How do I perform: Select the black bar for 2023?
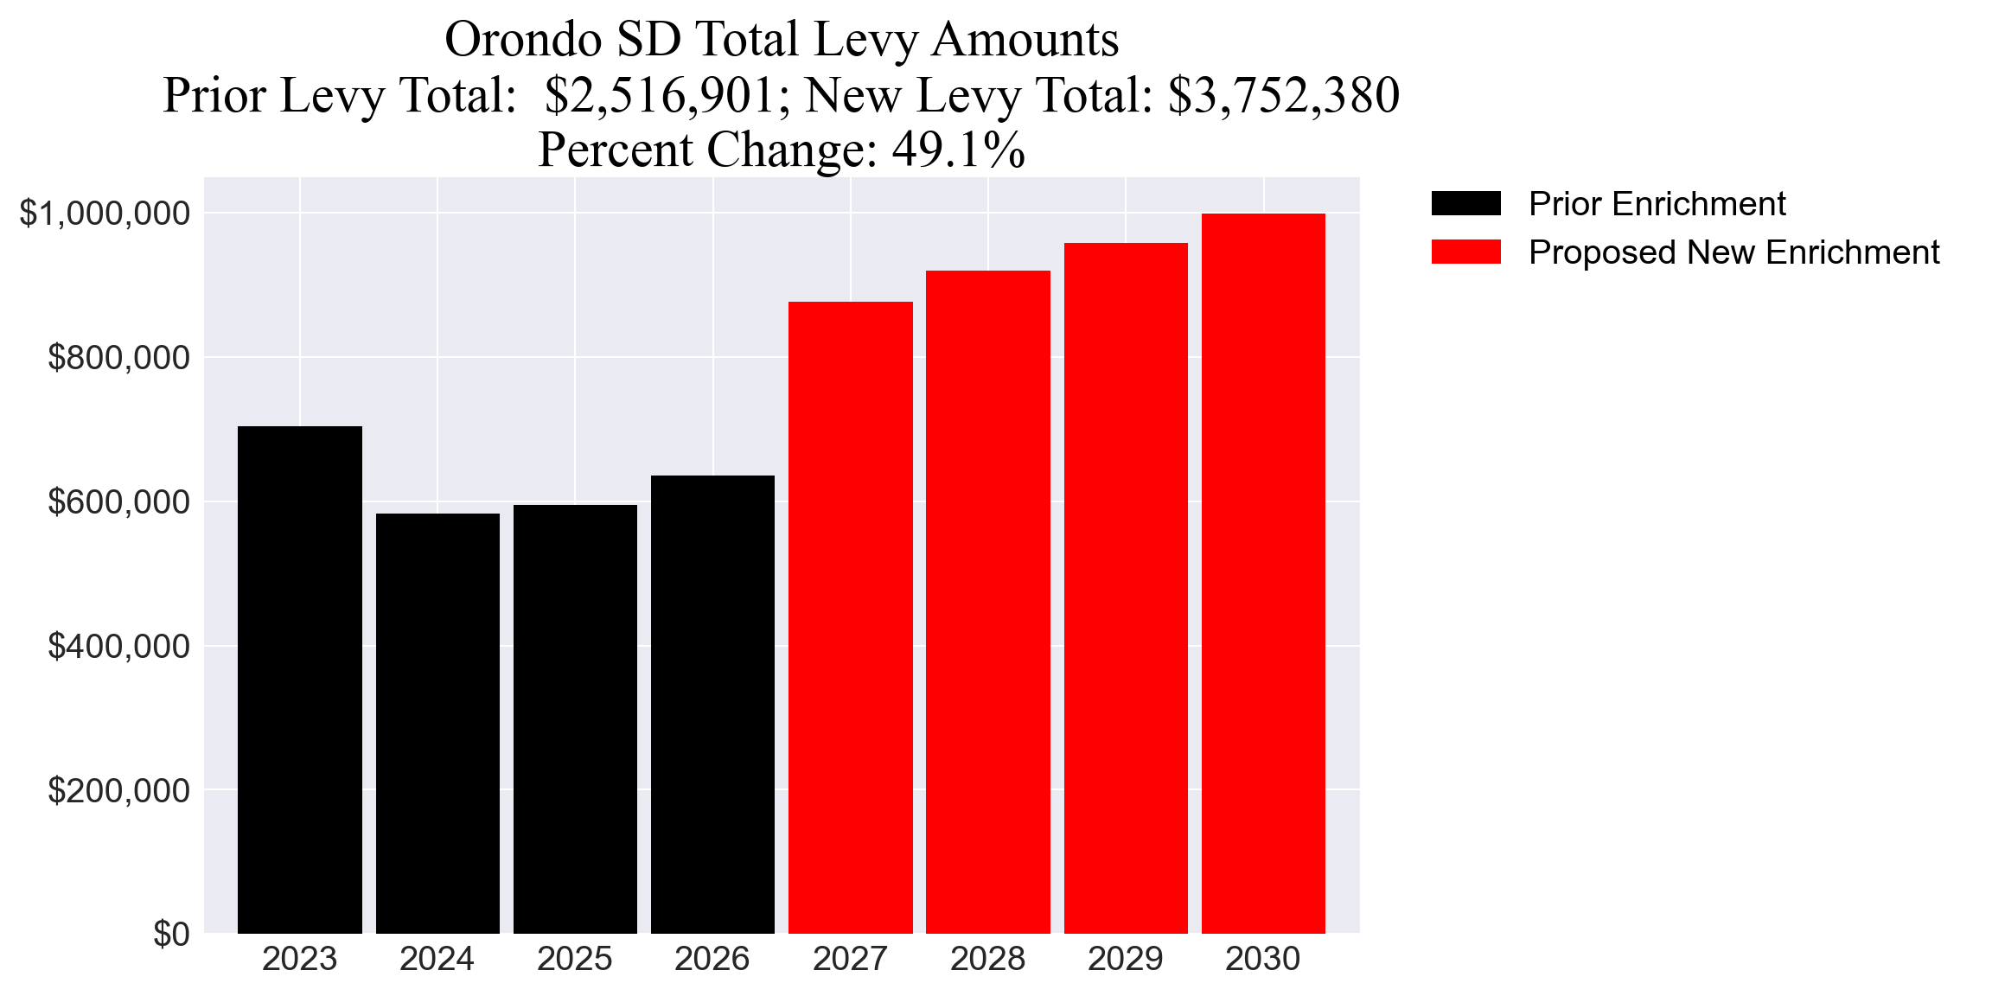click(x=299, y=680)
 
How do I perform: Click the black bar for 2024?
click(x=437, y=723)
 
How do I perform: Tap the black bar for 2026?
click(x=712, y=704)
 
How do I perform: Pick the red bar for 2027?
click(x=850, y=617)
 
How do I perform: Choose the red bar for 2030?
click(x=1263, y=573)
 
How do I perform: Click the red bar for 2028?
click(x=987, y=602)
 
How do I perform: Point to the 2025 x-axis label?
click(x=574, y=959)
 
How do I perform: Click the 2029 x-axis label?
click(x=1125, y=959)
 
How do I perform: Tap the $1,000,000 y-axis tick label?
click(x=105, y=213)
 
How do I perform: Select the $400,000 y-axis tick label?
click(x=118, y=646)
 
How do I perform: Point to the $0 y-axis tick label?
click(x=171, y=934)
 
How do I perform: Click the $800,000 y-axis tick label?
click(x=118, y=357)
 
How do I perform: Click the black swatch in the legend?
click(x=1465, y=204)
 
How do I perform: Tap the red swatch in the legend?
click(x=1465, y=252)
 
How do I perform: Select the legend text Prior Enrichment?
click(x=1657, y=204)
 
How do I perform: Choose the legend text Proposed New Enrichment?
click(x=1733, y=252)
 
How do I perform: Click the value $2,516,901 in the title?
click(x=661, y=95)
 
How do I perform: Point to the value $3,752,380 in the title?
click(x=1283, y=95)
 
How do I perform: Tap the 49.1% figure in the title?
click(x=959, y=150)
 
